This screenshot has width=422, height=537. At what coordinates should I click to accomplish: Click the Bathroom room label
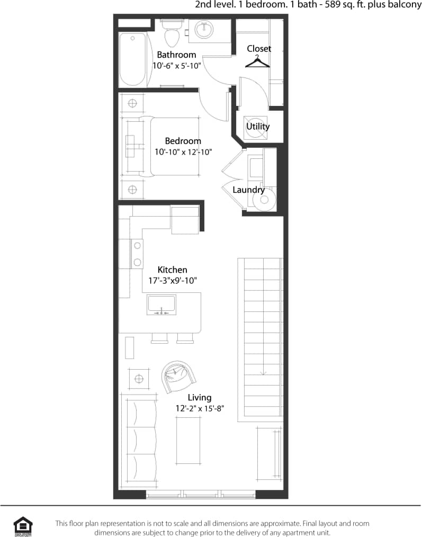point(176,55)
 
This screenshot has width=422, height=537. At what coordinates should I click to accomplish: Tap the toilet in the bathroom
point(171,35)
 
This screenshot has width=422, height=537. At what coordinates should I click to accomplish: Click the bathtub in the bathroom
point(132,59)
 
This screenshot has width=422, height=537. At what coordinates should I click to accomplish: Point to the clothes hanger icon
point(257,62)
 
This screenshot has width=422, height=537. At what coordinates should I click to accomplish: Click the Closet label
point(259,49)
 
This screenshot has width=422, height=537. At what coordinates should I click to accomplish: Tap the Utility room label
point(258,127)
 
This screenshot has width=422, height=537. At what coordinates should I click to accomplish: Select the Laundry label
point(248,190)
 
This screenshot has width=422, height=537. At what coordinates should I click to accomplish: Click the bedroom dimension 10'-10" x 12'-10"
point(183,152)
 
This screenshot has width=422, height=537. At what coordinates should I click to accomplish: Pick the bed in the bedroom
point(169,147)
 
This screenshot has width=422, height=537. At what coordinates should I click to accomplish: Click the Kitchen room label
point(172,270)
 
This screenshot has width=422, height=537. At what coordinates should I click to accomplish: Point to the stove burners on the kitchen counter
point(137,253)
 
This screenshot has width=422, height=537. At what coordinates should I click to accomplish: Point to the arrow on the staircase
point(263,371)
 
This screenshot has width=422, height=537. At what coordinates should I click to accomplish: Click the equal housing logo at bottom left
point(23,526)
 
